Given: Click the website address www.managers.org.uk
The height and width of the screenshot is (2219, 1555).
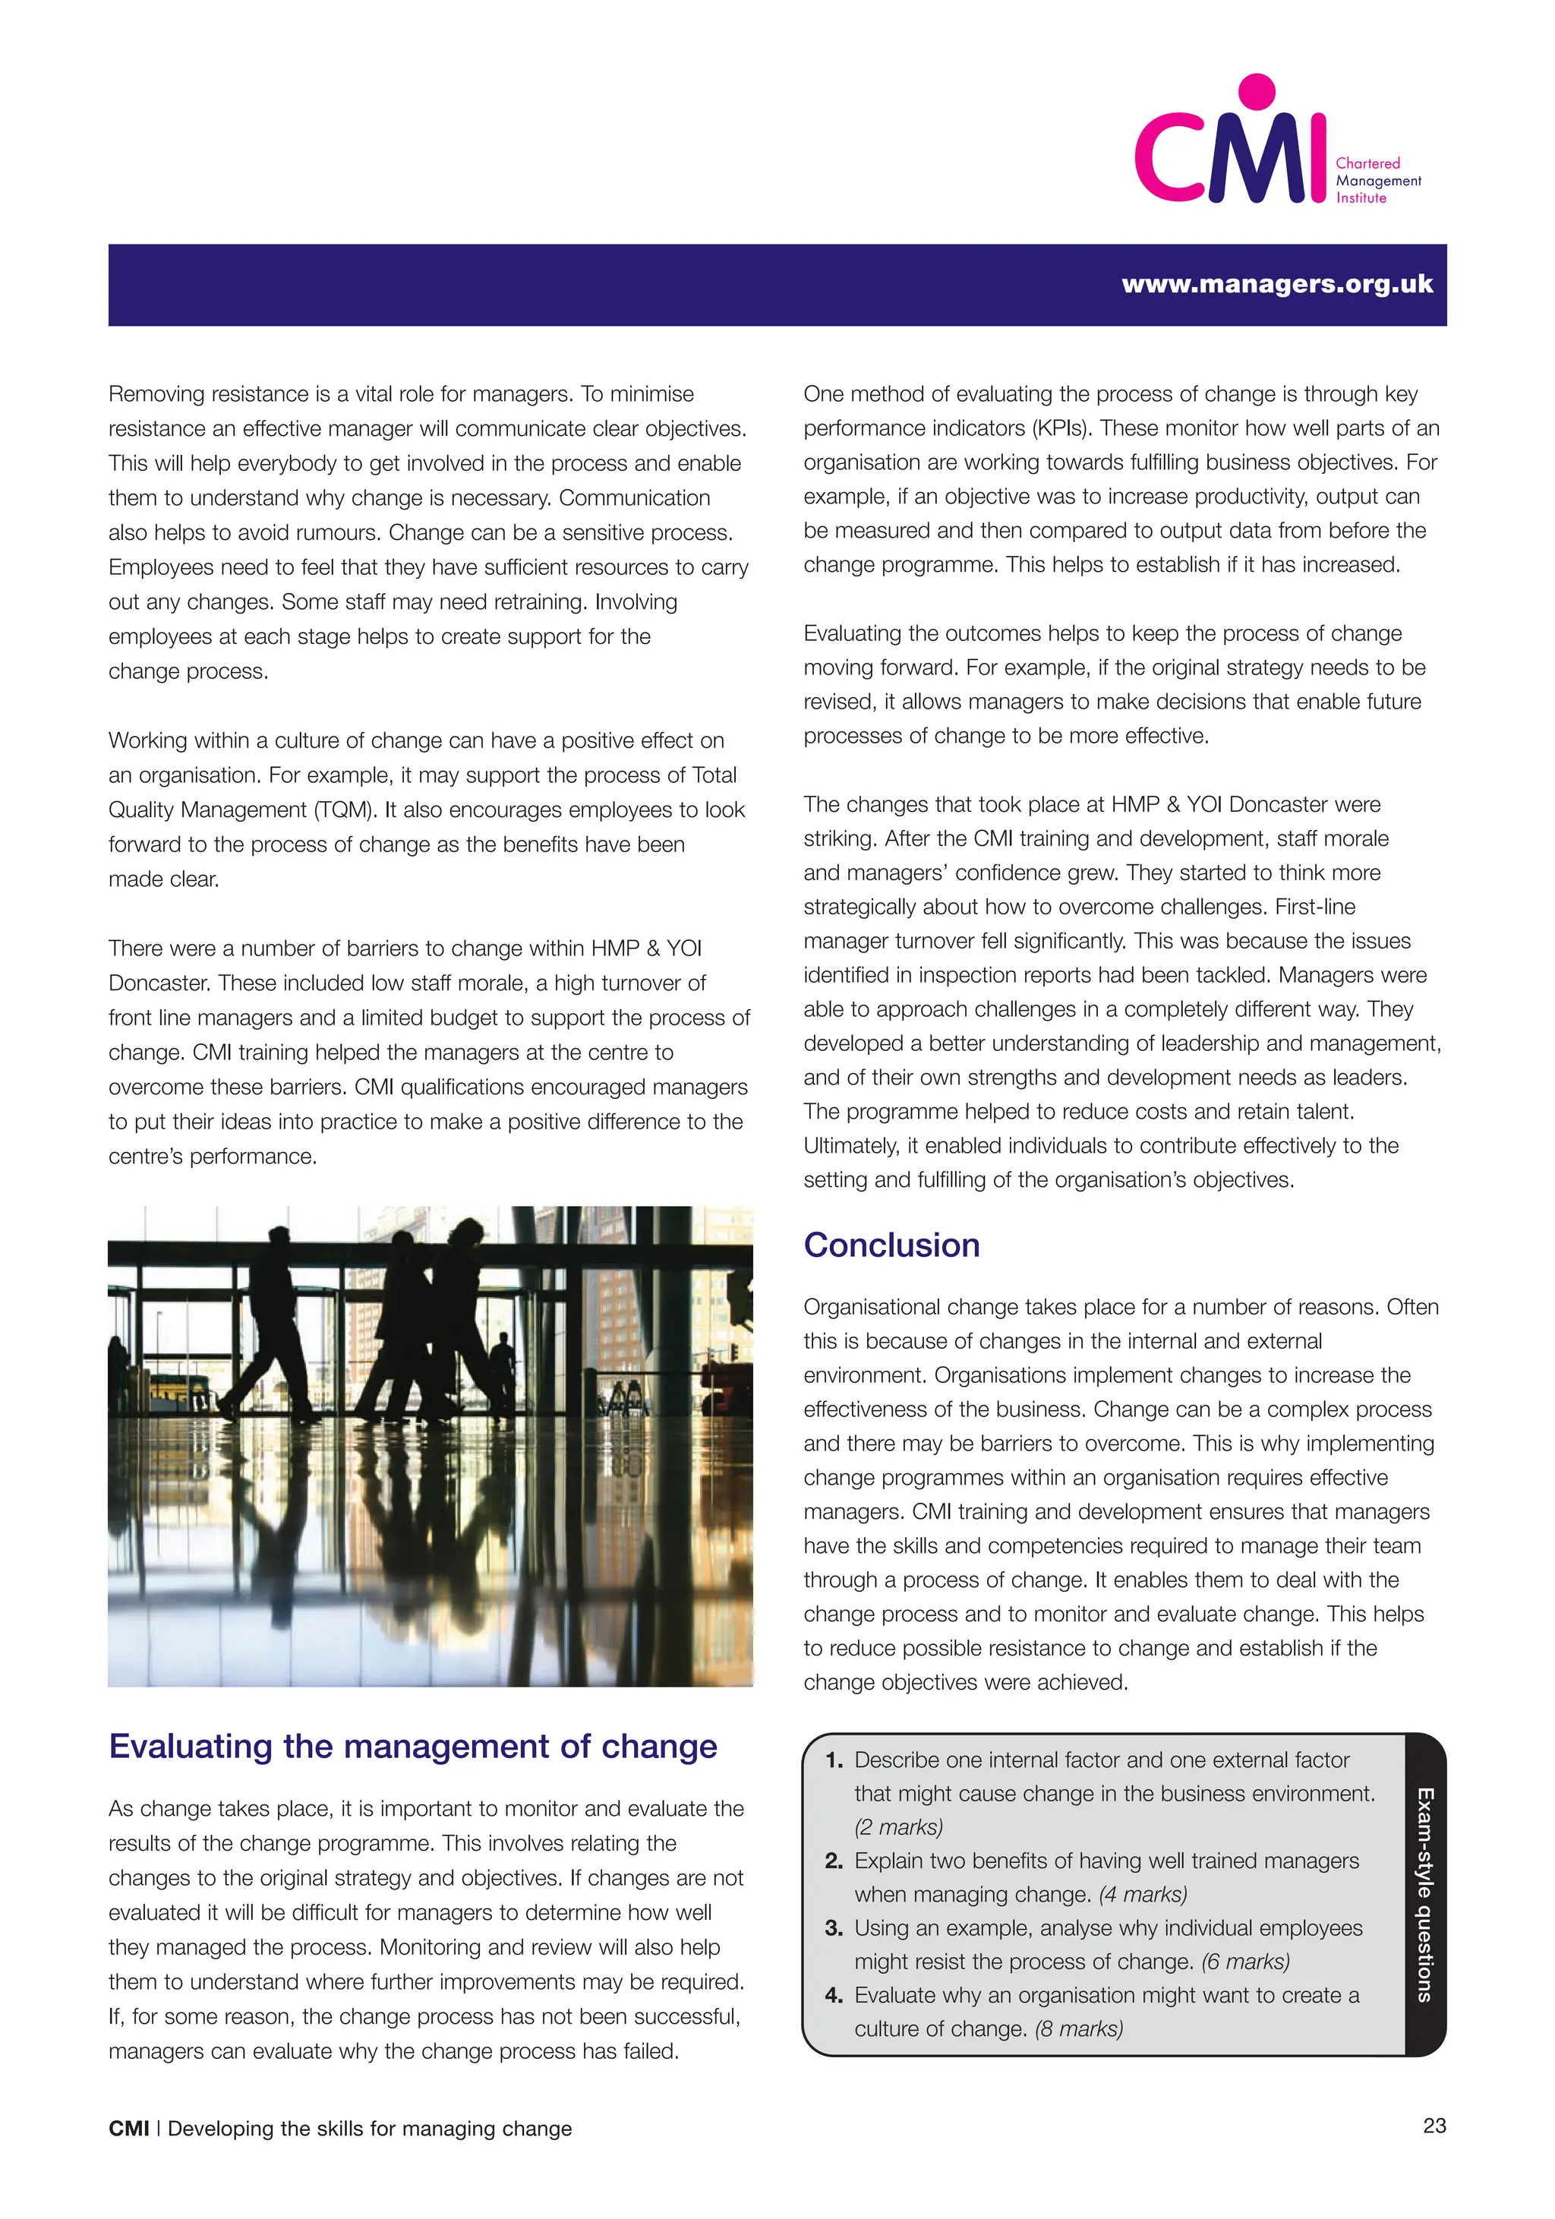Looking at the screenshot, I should click(1276, 284).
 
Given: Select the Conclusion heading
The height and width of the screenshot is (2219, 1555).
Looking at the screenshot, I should click(891, 1245).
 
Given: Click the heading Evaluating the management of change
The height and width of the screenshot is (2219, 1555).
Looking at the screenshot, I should click(413, 1747).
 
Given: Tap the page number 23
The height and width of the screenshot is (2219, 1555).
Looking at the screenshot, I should click(1434, 2126).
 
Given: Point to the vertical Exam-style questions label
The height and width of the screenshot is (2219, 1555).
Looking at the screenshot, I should click(1424, 1894).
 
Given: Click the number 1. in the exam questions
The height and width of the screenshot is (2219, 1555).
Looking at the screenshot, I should click(834, 1760).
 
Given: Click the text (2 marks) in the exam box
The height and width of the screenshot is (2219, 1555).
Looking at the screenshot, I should click(897, 1826).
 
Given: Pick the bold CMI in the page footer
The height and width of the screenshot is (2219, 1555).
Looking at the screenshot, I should click(128, 2128).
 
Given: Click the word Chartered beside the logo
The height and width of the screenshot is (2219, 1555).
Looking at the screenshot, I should click(1367, 163).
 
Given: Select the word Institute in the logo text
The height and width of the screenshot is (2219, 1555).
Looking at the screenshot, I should click(1361, 198).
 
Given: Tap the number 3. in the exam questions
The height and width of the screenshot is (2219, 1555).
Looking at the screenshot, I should click(834, 1928).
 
